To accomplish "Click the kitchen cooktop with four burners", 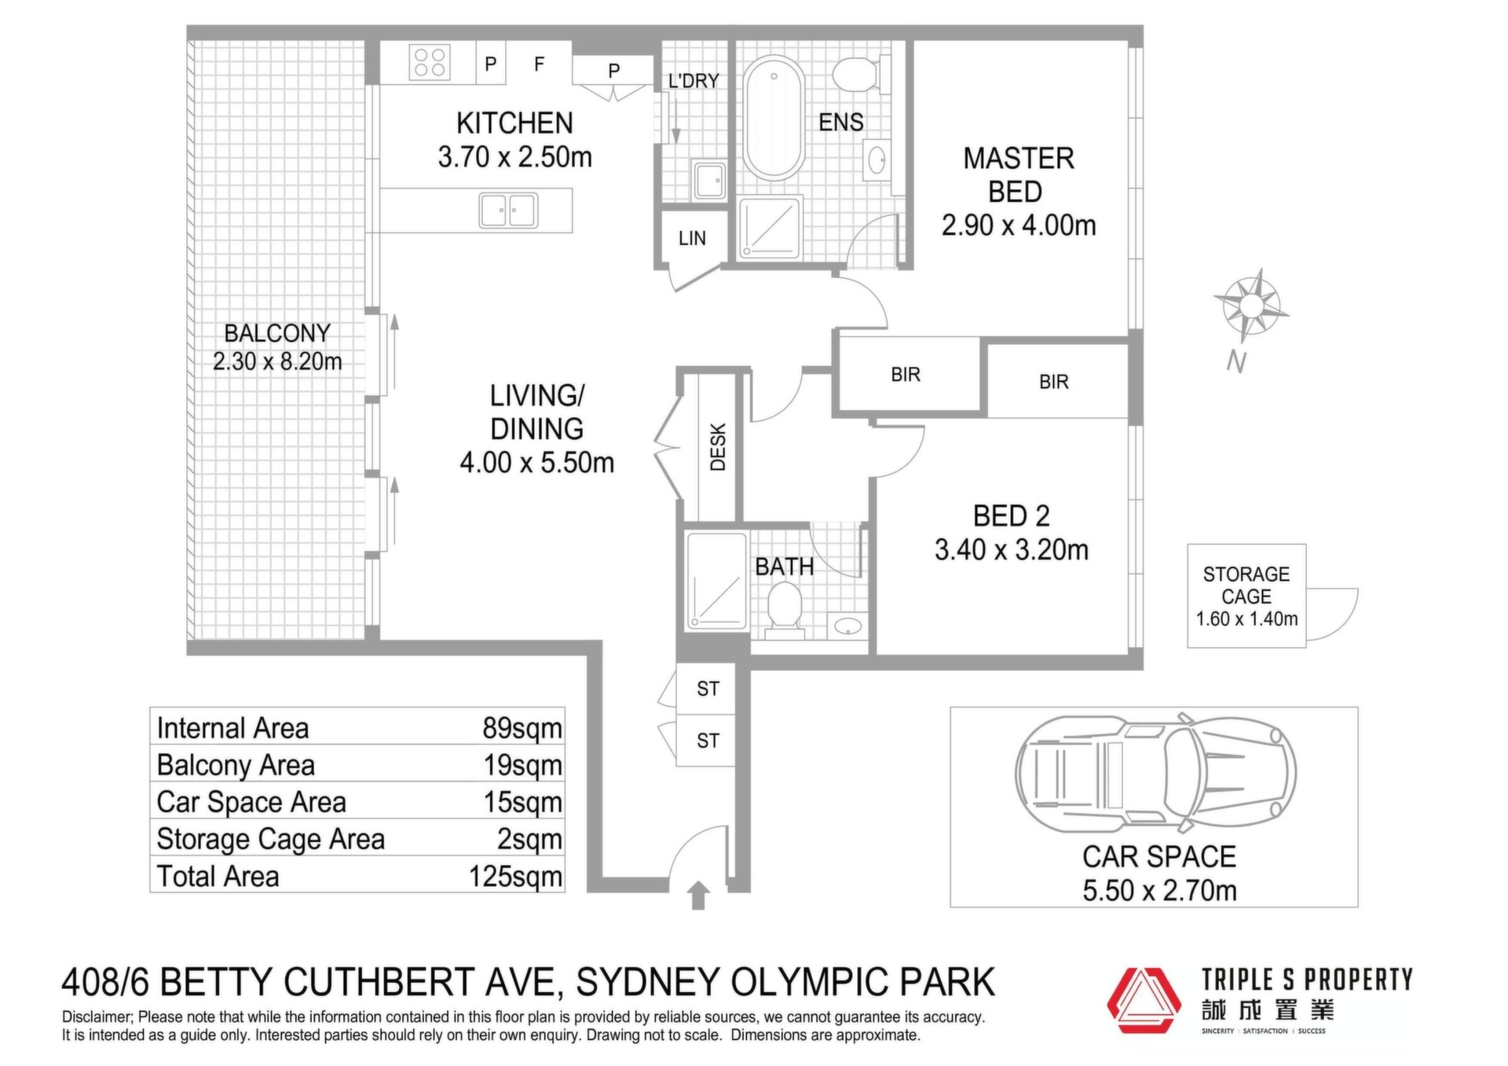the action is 430,62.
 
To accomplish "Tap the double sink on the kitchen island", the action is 508,210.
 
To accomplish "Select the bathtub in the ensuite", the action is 774,117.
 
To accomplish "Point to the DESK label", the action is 718,447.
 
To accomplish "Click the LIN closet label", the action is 692,238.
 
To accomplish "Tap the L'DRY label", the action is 694,81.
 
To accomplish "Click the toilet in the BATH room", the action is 784,610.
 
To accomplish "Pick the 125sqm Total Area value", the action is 515,876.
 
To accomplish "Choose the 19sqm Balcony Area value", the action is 522,764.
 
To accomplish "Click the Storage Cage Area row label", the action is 270,839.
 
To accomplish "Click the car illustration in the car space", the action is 1155,773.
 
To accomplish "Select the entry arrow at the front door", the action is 698,896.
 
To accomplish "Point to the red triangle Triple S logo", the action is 1144,1000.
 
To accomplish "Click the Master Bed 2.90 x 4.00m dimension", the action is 1019,225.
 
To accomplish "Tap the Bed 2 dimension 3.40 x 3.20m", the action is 1012,550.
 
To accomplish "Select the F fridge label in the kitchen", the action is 539,64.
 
